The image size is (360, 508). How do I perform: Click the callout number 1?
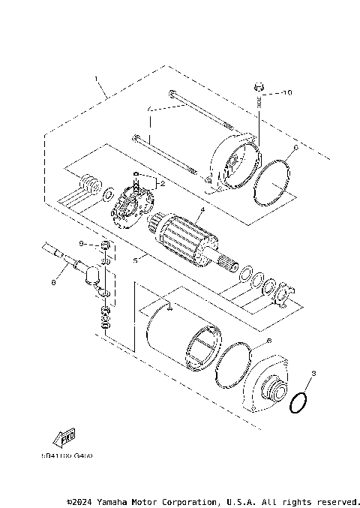pos(97,78)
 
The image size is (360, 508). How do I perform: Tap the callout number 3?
pos(314,373)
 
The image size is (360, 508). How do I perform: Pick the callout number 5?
pos(135,260)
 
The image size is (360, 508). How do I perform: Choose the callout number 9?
pos(82,244)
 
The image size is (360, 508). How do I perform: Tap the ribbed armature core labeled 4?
pos(184,235)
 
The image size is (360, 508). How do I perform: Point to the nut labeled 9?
pos(105,248)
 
